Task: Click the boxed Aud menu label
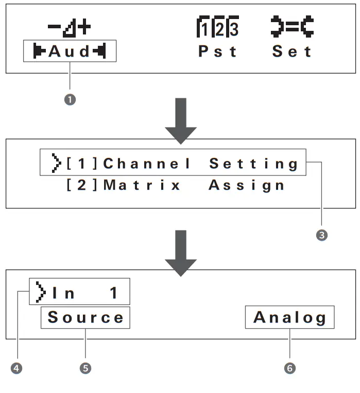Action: click(x=70, y=52)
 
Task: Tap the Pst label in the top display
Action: click(x=218, y=52)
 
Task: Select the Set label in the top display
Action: click(x=293, y=52)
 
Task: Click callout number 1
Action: click(x=70, y=100)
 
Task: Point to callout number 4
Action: click(x=19, y=368)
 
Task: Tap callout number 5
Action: click(x=85, y=368)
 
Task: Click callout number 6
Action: click(x=290, y=368)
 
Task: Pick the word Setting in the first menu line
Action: click(x=254, y=164)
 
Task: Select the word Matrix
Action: click(x=143, y=185)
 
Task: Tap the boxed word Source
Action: click(x=85, y=318)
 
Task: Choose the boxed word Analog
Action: click(x=290, y=318)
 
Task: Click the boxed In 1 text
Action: click(x=80, y=293)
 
